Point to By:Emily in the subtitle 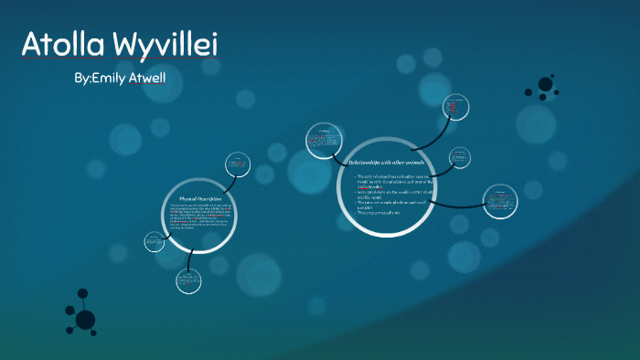(x=94, y=79)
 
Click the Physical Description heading (x=200, y=198)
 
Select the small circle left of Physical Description (x=154, y=242)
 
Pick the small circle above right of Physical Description (x=240, y=164)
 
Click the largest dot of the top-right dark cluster (x=546, y=84)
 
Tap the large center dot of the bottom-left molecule (x=85, y=319)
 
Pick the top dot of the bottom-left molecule (x=82, y=293)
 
